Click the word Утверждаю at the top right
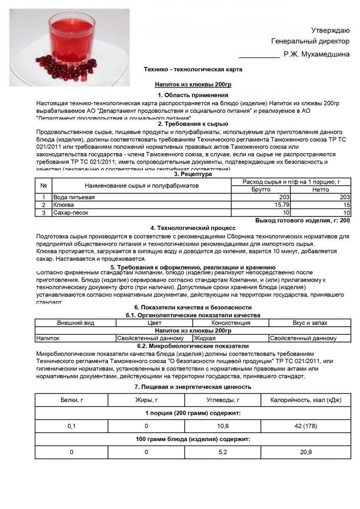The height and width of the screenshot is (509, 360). click(330, 30)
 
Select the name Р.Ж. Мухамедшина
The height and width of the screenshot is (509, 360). click(317, 54)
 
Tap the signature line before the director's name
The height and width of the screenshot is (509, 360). click(259, 55)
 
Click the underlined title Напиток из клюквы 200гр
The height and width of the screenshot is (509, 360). click(193, 84)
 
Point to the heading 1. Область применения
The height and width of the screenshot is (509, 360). click(193, 95)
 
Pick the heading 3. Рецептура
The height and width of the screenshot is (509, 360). click(193, 174)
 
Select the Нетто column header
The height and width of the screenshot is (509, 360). click(321, 190)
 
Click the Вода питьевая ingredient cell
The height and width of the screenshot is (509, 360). click(74, 197)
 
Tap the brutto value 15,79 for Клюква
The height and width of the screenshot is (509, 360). click(281, 205)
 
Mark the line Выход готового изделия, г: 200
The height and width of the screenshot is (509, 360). click(302, 221)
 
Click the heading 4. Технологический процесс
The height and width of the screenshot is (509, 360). click(193, 228)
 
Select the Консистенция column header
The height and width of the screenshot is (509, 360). click(231, 323)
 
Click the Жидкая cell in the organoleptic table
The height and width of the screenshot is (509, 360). click(205, 338)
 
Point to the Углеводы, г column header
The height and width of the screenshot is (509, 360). click(223, 400)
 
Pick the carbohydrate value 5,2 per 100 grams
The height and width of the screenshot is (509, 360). click(223, 452)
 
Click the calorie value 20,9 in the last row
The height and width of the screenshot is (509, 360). click(306, 452)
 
